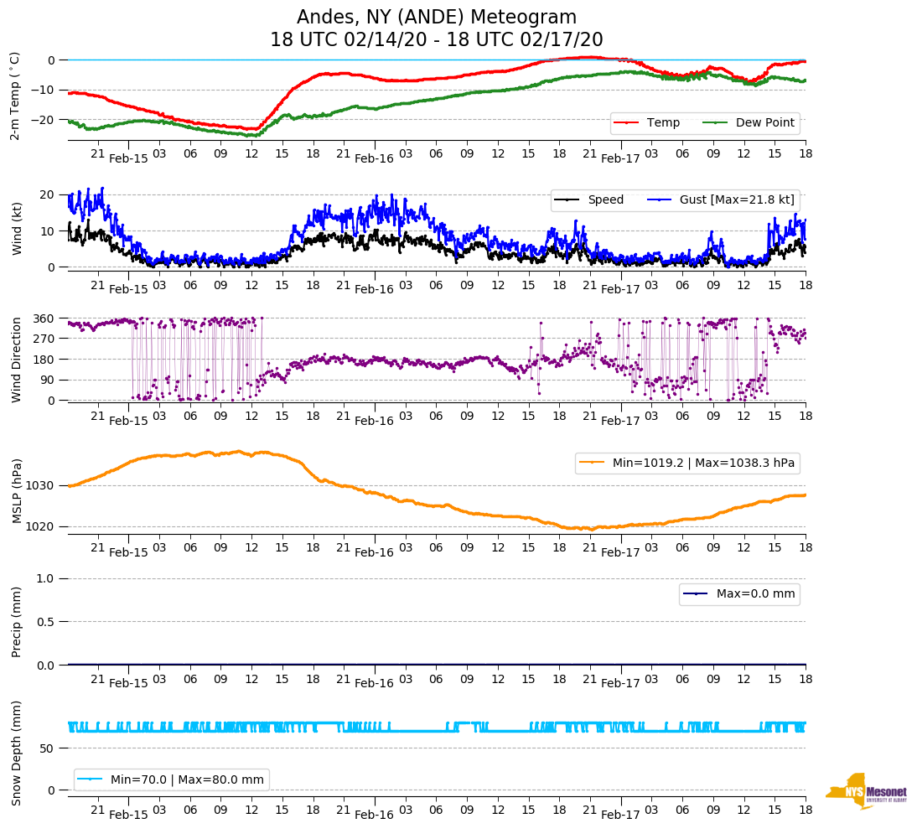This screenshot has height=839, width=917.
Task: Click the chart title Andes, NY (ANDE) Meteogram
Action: [437, 18]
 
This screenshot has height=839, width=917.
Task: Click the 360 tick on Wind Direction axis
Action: [44, 319]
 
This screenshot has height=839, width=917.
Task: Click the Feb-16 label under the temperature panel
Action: [374, 158]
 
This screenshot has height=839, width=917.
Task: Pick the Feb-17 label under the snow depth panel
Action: [620, 815]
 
